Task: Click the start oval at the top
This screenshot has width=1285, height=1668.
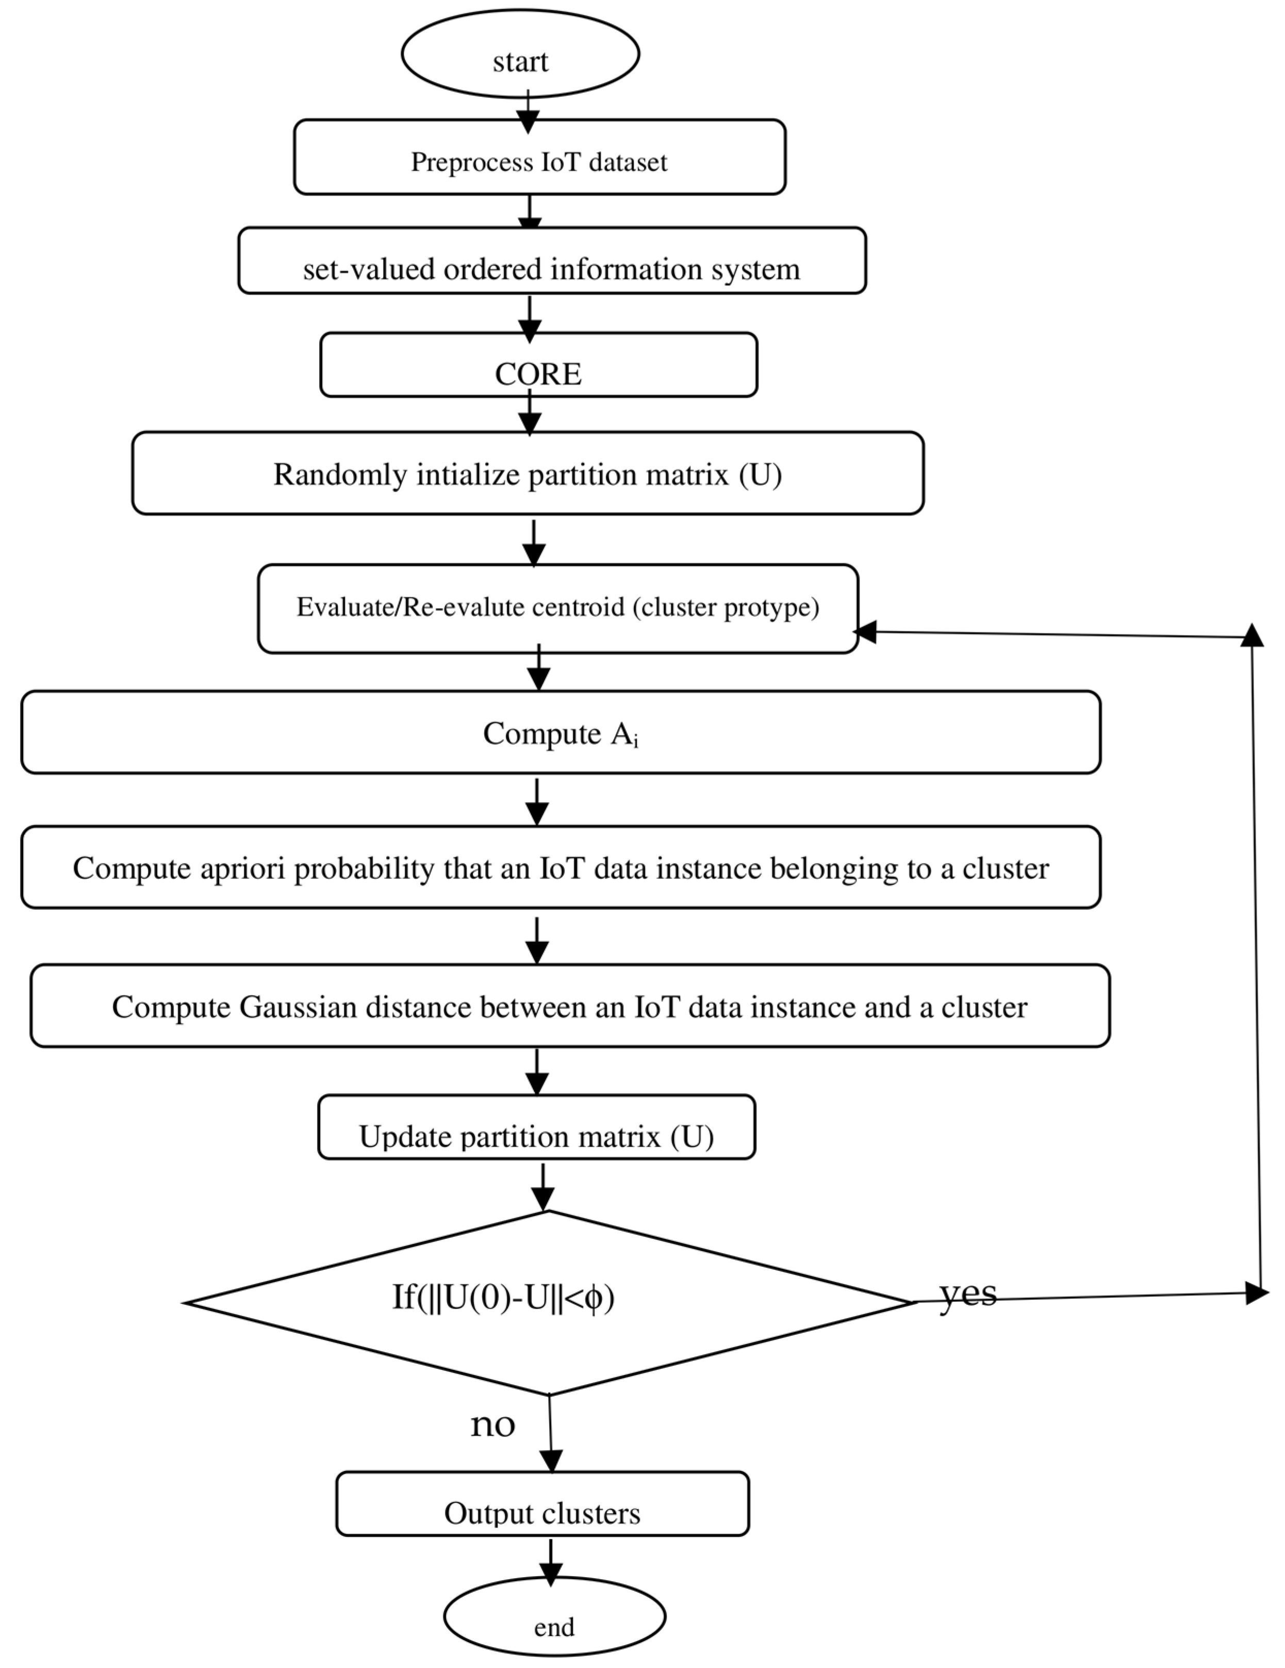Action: point(520,54)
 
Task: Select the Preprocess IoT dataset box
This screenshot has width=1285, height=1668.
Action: point(539,157)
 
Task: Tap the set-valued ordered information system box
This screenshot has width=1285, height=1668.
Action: point(551,260)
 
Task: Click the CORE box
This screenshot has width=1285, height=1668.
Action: point(538,364)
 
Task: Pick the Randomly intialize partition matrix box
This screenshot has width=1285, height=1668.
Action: point(528,473)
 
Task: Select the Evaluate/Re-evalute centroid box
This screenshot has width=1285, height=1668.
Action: point(557,609)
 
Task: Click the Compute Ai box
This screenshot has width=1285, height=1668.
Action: point(561,732)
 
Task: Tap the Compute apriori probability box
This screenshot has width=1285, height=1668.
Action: point(561,868)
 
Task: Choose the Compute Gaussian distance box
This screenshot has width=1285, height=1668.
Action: point(570,1006)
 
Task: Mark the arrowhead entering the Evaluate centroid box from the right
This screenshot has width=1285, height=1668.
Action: point(865,632)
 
